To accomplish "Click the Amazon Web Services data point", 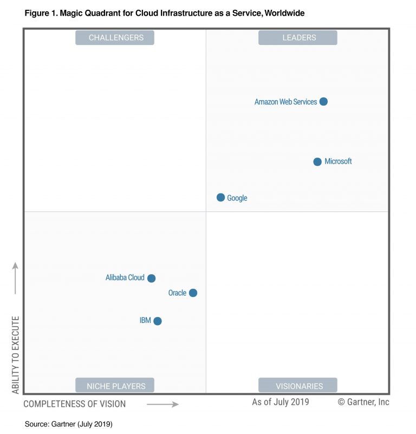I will click(323, 101).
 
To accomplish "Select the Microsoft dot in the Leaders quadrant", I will click(317, 161).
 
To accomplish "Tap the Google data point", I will click(220, 197).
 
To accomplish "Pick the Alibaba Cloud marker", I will click(152, 278).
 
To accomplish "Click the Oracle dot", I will click(193, 293).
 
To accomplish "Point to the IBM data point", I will click(158, 321).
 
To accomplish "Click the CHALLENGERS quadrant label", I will click(115, 37).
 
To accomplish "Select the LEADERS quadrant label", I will click(298, 37).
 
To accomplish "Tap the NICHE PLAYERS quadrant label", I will click(115, 386).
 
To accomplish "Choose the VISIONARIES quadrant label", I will click(298, 386).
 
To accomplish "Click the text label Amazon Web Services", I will click(285, 102).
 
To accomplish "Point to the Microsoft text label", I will click(338, 161).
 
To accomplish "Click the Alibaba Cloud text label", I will click(125, 277).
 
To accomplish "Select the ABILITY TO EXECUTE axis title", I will click(16, 355).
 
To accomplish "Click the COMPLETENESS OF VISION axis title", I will click(75, 404).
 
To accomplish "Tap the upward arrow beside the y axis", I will click(16, 278).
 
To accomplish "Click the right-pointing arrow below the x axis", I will click(162, 404).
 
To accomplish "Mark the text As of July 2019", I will click(281, 402).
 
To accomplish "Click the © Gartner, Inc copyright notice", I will click(363, 402).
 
